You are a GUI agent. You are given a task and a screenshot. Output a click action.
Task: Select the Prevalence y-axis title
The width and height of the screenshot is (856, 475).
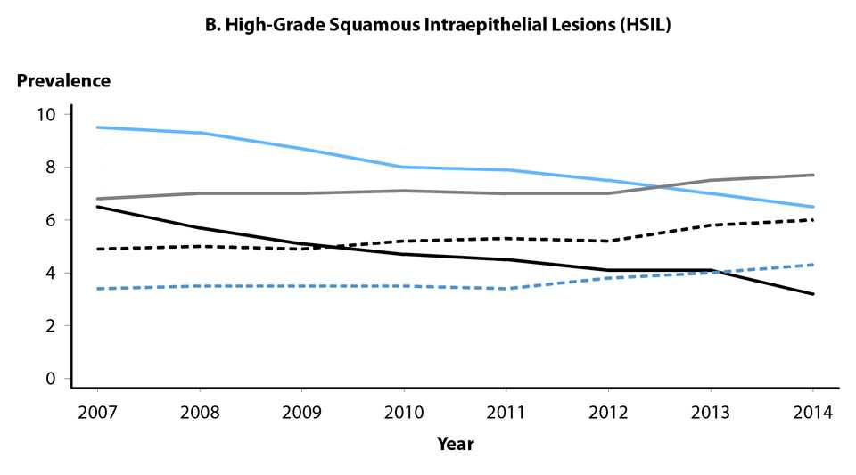[x=63, y=81]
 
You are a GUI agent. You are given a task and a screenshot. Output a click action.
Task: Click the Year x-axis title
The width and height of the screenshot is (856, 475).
[x=455, y=443]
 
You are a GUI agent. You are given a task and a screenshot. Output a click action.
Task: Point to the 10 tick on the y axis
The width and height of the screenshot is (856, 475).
[x=46, y=114]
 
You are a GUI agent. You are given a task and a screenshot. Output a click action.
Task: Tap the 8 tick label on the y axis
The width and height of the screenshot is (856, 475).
[x=51, y=168]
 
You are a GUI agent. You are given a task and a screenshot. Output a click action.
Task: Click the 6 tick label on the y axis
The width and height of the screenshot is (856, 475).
[x=51, y=220]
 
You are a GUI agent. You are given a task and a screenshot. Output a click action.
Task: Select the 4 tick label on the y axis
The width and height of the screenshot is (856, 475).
[x=51, y=273]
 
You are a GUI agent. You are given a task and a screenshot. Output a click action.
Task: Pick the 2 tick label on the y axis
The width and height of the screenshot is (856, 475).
[x=51, y=326]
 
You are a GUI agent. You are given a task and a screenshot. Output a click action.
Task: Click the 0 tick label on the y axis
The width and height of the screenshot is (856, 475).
[x=51, y=379]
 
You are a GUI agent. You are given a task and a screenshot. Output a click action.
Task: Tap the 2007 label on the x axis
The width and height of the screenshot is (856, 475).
[x=96, y=413]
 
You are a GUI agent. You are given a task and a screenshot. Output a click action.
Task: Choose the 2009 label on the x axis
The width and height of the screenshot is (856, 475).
[x=301, y=413]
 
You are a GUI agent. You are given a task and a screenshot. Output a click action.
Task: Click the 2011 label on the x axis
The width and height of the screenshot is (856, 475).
[x=506, y=413]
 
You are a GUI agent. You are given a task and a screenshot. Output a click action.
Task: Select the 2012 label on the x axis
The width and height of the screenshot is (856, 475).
[x=608, y=413]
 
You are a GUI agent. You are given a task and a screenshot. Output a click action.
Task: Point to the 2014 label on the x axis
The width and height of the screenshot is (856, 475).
[x=813, y=413]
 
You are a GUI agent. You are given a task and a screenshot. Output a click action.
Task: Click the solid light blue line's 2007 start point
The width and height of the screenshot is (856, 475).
[x=96, y=127]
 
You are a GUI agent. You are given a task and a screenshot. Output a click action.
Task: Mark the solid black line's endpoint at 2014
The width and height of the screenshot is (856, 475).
[x=813, y=294]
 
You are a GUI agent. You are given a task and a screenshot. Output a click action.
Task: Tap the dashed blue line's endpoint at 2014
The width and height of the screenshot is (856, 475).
[x=813, y=265]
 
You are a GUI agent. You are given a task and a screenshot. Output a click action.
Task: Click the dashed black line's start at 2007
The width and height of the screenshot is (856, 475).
[x=96, y=250]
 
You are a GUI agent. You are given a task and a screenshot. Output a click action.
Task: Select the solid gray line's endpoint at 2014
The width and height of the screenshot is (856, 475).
[x=813, y=175]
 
